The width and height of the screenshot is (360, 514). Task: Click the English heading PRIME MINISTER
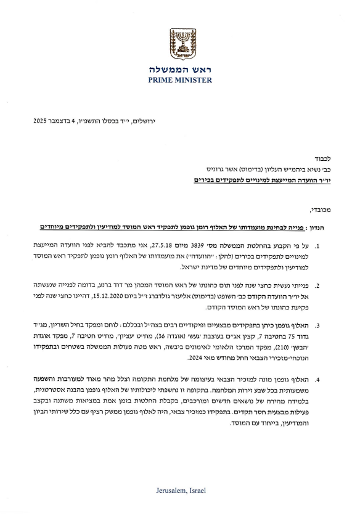[x=179, y=80]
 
